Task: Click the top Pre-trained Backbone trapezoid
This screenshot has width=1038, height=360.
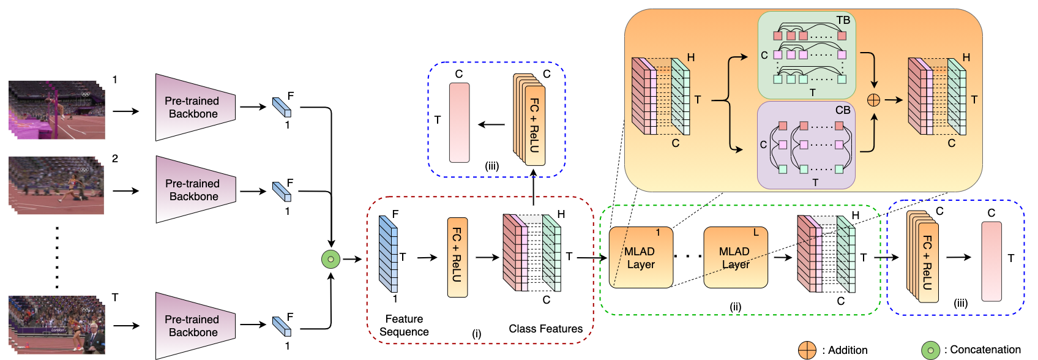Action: coord(195,107)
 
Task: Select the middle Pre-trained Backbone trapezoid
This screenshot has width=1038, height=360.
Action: coord(195,190)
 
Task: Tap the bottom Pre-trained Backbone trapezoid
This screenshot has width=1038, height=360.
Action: coord(195,326)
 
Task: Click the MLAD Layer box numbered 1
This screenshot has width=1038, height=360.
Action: coord(641,258)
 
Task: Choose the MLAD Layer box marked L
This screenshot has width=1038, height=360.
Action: coord(735,258)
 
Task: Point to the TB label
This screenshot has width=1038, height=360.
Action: coord(843,20)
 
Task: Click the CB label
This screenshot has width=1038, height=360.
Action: coord(843,110)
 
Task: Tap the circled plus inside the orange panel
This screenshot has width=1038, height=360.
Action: coord(873,100)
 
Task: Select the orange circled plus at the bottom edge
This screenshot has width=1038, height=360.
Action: coord(807,350)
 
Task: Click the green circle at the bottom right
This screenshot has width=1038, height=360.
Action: coord(930,350)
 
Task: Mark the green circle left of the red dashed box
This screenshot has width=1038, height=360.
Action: coord(330,259)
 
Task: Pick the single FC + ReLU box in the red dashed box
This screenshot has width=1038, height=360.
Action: coord(457,257)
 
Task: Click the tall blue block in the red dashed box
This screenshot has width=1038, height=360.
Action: coord(388,254)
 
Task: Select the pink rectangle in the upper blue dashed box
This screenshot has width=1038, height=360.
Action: coord(459,122)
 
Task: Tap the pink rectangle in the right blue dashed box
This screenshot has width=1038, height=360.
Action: coord(991,261)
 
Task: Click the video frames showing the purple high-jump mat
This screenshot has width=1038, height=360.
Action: coord(56,110)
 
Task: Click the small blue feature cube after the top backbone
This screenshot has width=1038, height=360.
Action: coord(282,108)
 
